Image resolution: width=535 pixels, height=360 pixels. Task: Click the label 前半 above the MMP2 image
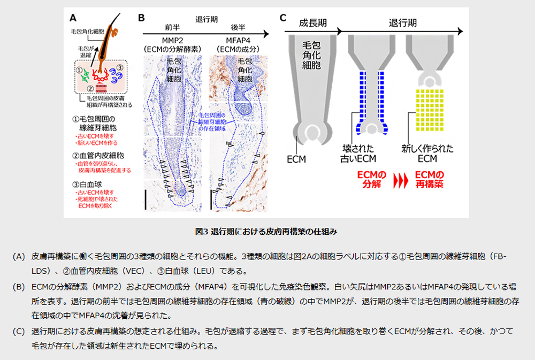172,27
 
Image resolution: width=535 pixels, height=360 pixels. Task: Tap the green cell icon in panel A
85,75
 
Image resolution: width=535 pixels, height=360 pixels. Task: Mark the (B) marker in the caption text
19,285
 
